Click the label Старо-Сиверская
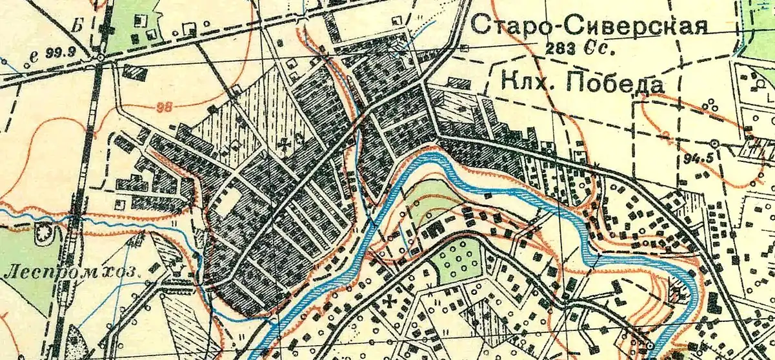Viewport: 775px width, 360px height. [x=589, y=25]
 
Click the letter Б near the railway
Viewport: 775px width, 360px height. [x=79, y=26]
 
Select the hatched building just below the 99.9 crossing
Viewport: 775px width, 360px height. [x=134, y=72]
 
